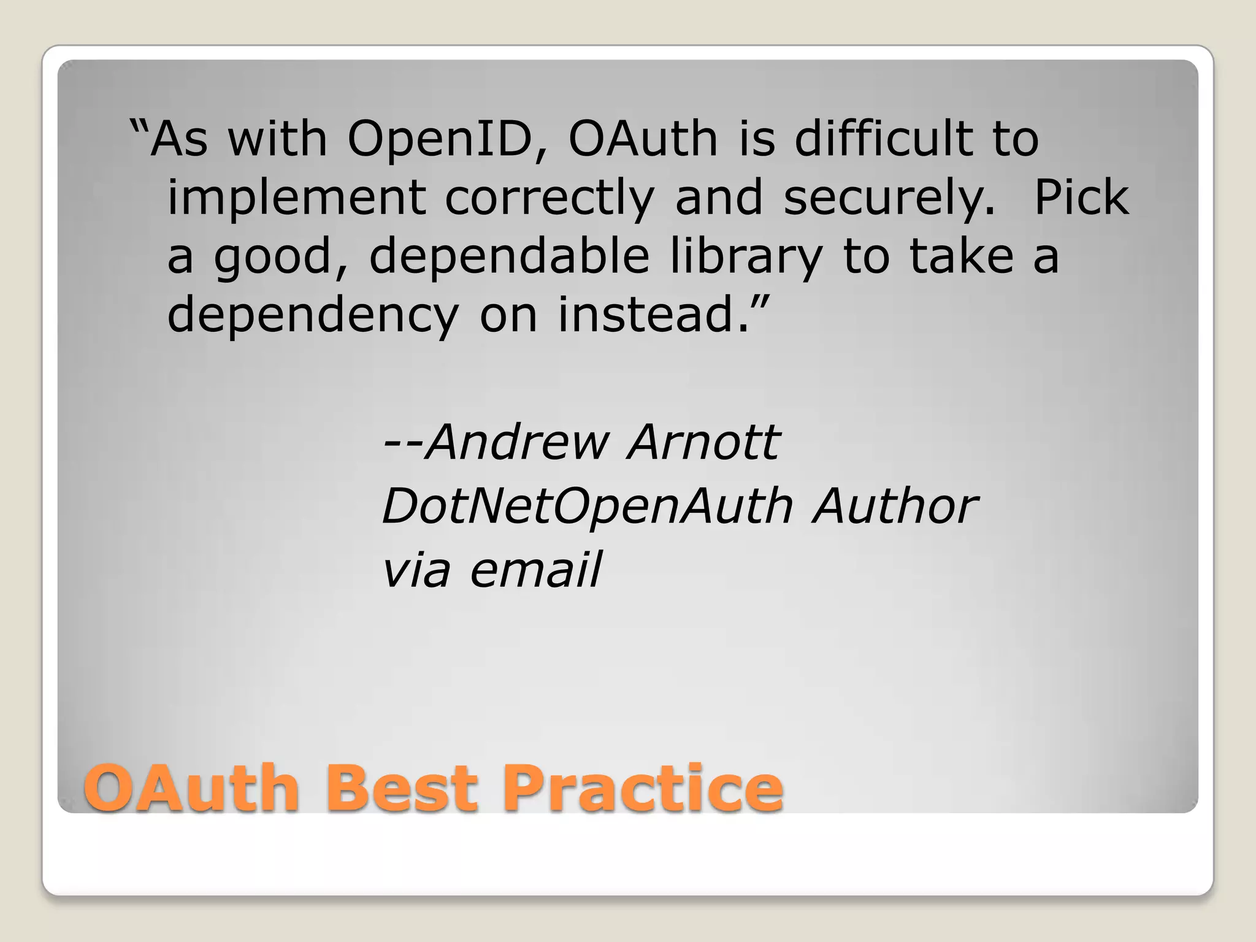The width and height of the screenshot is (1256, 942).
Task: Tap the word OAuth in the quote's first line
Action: (643, 139)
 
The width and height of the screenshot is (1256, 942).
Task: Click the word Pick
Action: (1081, 197)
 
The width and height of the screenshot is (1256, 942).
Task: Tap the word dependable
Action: (509, 256)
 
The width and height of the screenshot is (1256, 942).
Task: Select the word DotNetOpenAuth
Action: (587, 507)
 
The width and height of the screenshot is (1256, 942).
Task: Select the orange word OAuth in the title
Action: (191, 788)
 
